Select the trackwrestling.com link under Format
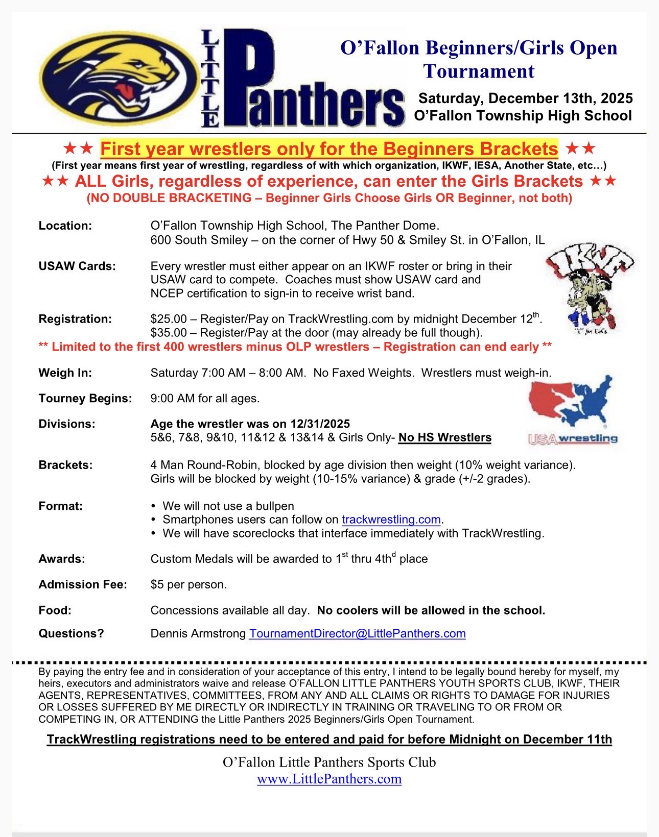(391, 520)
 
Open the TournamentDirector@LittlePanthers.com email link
(357, 633)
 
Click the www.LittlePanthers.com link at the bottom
(329, 779)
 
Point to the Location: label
(65, 226)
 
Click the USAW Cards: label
(77, 266)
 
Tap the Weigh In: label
(65, 373)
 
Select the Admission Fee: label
(83, 584)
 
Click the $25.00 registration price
(169, 319)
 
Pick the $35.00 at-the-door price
(169, 333)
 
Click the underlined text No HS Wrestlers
(444, 437)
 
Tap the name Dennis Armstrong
(198, 633)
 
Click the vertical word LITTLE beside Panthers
(210, 78)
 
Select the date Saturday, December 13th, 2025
(526, 98)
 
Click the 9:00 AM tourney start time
(173, 398)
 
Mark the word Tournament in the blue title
(479, 71)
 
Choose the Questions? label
(71, 633)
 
